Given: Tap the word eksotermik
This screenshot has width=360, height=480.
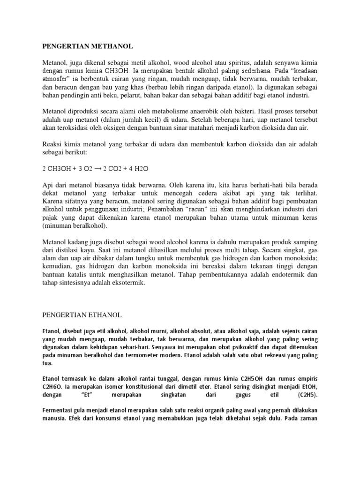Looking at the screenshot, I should pyautogui.click(x=129, y=283).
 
